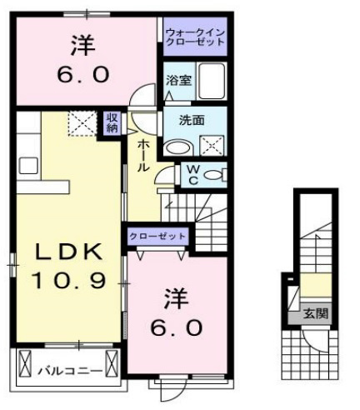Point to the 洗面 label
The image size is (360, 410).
click(193, 119)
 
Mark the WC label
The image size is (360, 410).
click(192, 176)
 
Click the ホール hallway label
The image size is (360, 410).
click(143, 155)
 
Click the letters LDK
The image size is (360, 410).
click(69, 251)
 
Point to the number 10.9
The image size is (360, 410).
click(69, 281)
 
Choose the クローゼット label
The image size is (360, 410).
click(157, 237)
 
